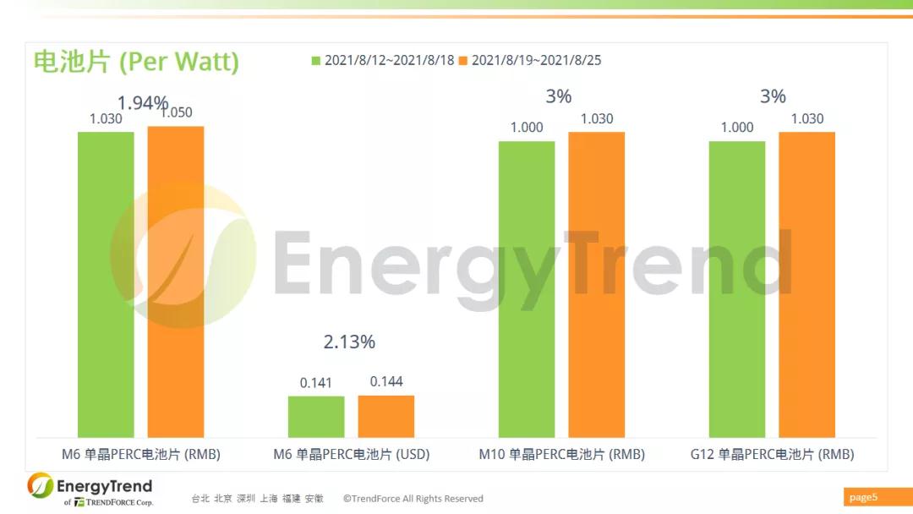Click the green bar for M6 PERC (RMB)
(106, 284)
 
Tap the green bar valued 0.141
(316, 416)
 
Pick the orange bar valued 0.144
(386, 416)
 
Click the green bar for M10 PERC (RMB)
(527, 288)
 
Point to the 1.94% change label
(143, 103)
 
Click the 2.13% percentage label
(349, 342)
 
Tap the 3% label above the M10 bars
(559, 96)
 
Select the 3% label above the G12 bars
(773, 96)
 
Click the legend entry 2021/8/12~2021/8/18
(383, 60)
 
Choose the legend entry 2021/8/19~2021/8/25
(529, 60)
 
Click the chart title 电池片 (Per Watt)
(136, 61)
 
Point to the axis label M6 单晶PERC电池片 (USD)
(352, 454)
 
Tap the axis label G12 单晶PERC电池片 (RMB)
(772, 454)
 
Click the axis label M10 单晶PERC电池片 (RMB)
(561, 454)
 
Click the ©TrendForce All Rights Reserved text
(413, 499)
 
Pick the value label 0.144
(386, 381)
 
